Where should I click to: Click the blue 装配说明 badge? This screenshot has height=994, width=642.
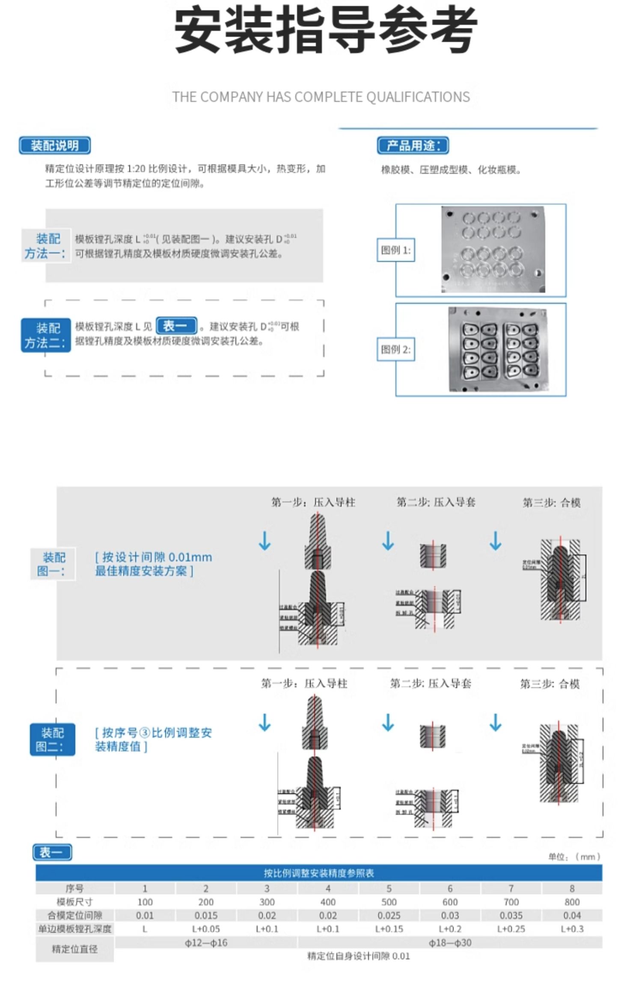(x=54, y=146)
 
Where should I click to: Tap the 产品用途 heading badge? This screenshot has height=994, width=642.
(x=413, y=146)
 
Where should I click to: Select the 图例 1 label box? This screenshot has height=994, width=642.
(x=395, y=250)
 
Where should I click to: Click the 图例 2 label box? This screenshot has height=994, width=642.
(x=395, y=350)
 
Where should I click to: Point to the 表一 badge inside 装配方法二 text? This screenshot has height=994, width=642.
(x=176, y=326)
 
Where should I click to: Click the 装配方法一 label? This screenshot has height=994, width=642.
(x=46, y=246)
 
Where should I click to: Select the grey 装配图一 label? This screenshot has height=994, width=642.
(x=52, y=564)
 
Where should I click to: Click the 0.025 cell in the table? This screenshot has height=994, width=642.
(x=389, y=916)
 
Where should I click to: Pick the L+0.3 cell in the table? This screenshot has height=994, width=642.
(x=572, y=929)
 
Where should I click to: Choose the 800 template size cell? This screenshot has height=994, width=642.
(x=572, y=902)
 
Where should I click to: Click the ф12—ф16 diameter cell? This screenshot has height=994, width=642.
(x=206, y=943)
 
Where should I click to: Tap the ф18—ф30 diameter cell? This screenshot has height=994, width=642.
(x=450, y=943)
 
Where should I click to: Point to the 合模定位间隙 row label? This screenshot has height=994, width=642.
(x=74, y=916)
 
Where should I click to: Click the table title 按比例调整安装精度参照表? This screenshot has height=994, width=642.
(x=319, y=873)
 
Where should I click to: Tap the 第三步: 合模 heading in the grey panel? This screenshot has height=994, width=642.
(x=551, y=503)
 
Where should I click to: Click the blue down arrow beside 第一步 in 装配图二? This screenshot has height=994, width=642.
(x=265, y=723)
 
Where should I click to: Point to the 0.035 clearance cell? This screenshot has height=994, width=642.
(x=511, y=916)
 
